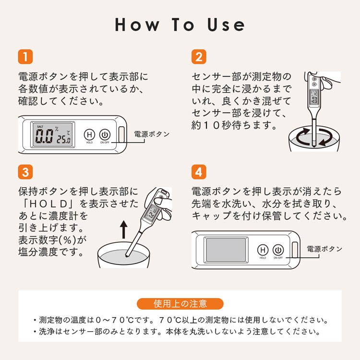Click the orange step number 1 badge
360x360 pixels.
25,57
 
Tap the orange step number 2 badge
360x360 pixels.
199,57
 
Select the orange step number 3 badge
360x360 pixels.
25,172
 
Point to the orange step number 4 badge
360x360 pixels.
199,172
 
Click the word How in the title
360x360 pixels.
137,24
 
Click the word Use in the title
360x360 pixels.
226,24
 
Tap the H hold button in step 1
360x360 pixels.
90,135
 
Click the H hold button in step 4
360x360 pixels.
263,250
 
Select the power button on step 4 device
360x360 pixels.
278,250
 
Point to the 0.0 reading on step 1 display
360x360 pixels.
44,136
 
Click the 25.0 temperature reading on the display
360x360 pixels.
63,139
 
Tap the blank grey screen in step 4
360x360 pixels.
226,250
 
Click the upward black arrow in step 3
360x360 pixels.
124,229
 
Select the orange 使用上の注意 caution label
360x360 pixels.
180,304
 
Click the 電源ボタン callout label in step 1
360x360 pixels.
152,134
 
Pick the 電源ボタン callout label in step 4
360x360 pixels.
324,249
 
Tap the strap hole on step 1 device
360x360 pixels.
121,135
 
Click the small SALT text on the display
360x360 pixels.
40,127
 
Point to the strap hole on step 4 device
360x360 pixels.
295,250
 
